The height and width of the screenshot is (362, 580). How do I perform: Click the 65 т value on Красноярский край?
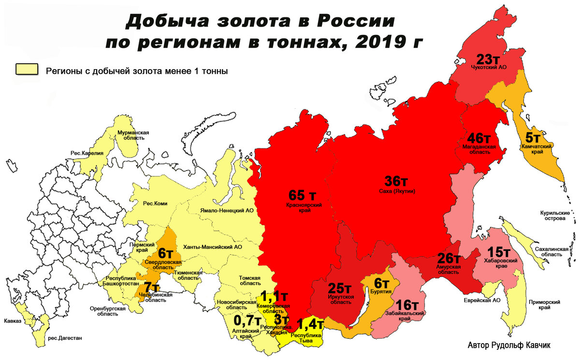[x=302, y=196]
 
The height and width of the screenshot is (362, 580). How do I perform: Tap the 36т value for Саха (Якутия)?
[x=396, y=182]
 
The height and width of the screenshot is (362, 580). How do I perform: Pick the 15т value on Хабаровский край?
[x=498, y=252]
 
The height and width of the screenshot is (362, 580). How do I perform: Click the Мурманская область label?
[x=132, y=135]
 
